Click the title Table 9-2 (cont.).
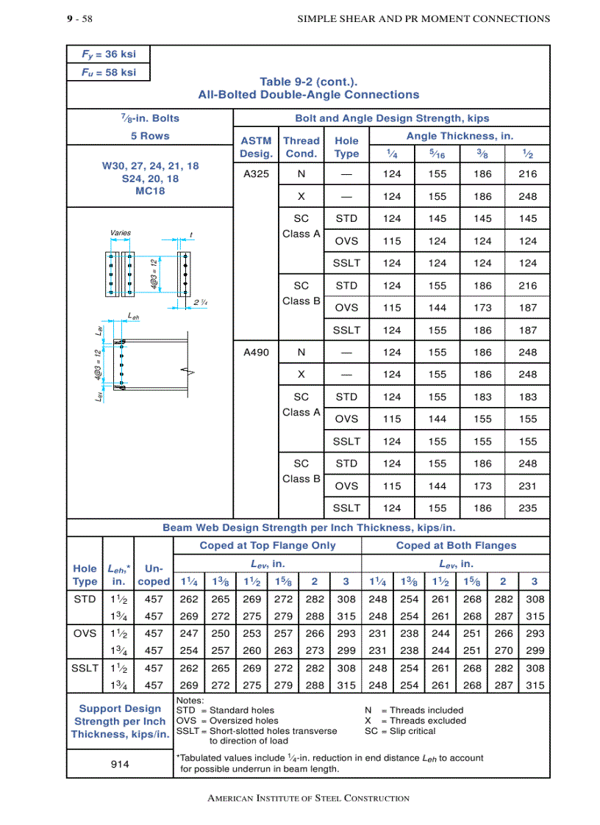click(309, 82)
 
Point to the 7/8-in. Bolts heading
click(150, 118)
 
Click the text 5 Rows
click(150, 136)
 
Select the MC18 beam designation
click(150, 191)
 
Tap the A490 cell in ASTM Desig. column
click(256, 352)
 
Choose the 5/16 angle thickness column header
click(437, 154)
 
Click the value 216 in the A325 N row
click(527, 174)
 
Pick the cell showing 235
click(527, 508)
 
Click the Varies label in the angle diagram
click(120, 233)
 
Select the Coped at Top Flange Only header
click(268, 545)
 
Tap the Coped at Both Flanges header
click(456, 545)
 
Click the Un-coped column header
click(154, 574)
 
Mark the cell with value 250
click(221, 633)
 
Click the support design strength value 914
click(120, 764)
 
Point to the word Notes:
click(190, 700)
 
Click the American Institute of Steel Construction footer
click(309, 798)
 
